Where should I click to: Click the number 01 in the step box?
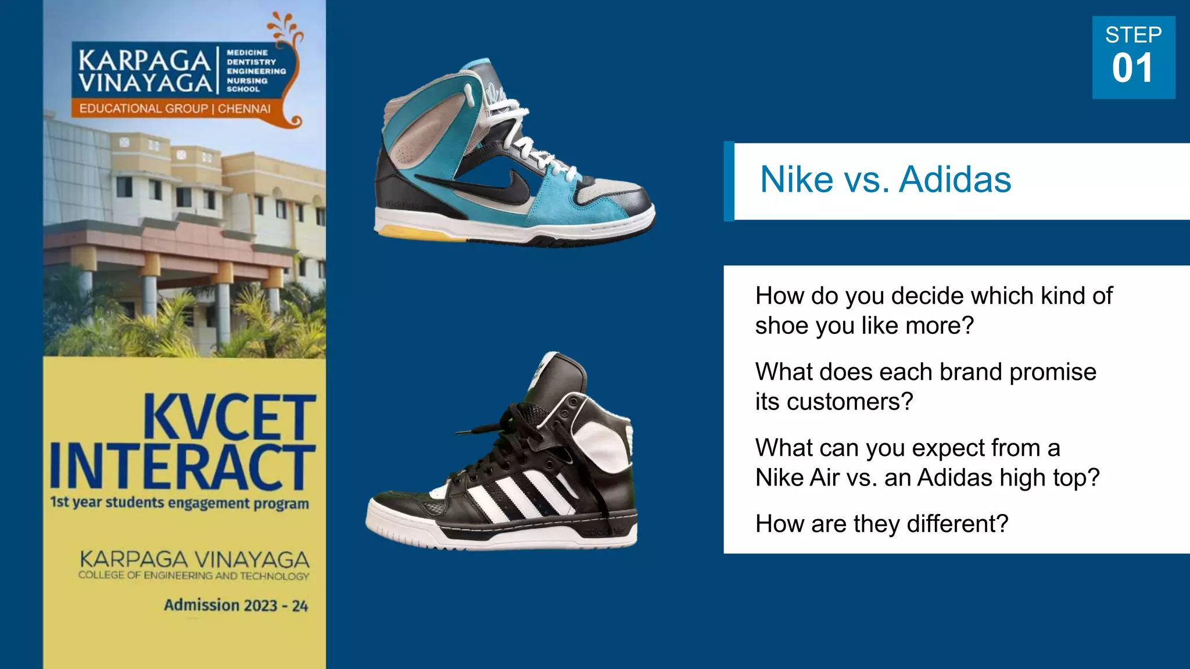click(x=1132, y=69)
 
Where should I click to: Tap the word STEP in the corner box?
click(x=1133, y=35)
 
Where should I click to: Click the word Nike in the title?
click(x=797, y=179)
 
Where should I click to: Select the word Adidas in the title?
click(x=955, y=179)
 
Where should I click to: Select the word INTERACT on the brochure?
click(x=182, y=467)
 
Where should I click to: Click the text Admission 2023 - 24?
click(x=235, y=605)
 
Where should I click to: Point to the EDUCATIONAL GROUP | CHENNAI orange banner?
click(x=175, y=109)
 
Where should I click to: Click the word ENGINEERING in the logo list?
click(x=256, y=71)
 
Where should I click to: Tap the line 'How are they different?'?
click(x=881, y=524)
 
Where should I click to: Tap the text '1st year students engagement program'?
click(x=180, y=502)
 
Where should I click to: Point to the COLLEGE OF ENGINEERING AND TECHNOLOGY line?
click(x=193, y=576)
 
